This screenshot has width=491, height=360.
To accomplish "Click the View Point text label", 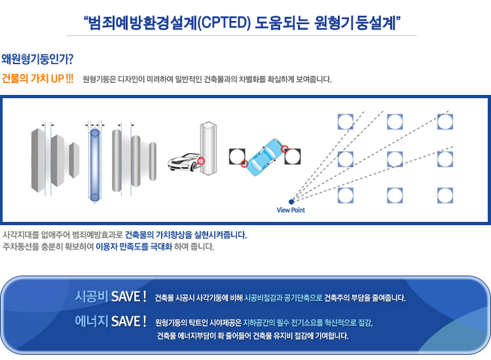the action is coord(291,210).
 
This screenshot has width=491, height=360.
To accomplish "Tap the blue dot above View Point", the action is coord(291,202).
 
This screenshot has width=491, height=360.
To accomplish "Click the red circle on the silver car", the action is coord(202,161).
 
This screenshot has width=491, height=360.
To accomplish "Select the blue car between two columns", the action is coord(265,157).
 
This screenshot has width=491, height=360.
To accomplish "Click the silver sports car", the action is coord(184,162).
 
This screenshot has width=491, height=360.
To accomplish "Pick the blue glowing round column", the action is coord(94,166).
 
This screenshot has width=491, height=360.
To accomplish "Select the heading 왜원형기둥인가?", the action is coord(37,59).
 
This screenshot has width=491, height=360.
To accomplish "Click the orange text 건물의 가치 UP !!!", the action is coord(37,79).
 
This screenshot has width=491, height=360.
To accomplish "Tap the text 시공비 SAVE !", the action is coord(111,297).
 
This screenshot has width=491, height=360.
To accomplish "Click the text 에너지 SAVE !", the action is coord(111,321).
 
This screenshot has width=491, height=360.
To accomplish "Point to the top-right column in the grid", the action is coord(445,122).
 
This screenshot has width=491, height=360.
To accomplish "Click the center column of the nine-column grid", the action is coord(395,159).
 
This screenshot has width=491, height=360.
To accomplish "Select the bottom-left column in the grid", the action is coord(346,195).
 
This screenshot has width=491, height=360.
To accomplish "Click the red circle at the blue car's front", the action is coord(285,149).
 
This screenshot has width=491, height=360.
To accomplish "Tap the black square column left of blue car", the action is coord(237,156).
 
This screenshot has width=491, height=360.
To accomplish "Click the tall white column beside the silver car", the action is coord(209,148).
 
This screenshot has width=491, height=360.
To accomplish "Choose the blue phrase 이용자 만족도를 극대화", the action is coord(134,247).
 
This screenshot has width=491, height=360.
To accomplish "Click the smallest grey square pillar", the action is coord(74,160).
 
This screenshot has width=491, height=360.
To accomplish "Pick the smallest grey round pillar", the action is coord(153,161).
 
